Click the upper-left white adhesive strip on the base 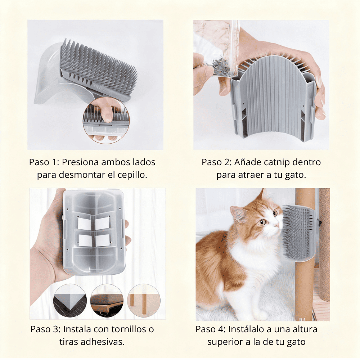(x=85, y=223)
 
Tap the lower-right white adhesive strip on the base (x=103, y=240)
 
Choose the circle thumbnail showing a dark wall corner (x=70, y=301)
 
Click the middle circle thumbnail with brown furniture (x=107, y=301)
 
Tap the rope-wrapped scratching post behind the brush (x=324, y=245)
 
